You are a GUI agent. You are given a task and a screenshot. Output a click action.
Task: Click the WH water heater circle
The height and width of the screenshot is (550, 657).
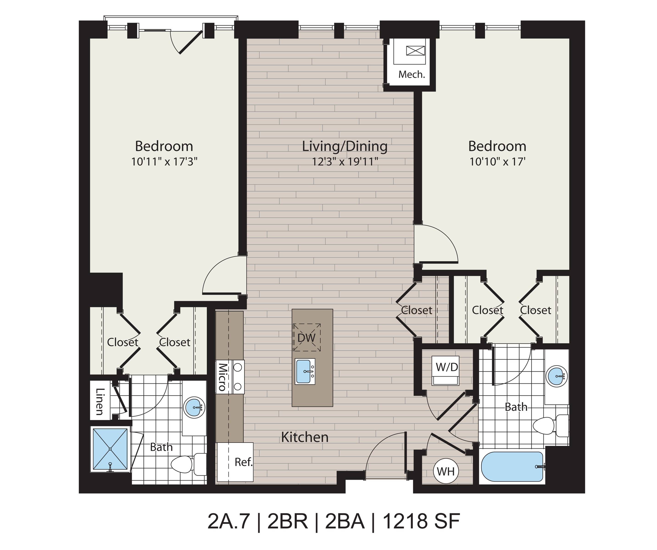[446, 471]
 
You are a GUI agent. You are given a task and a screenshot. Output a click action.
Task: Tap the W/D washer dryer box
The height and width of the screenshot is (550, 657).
[446, 370]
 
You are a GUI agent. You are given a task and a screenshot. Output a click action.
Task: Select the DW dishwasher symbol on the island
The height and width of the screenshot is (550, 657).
[307, 337]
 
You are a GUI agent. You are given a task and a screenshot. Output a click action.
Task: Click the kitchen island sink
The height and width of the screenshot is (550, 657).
[305, 371]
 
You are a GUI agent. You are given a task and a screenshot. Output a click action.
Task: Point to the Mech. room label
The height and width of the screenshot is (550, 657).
[411, 74]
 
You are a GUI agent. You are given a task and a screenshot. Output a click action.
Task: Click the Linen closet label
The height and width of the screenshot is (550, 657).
[100, 402]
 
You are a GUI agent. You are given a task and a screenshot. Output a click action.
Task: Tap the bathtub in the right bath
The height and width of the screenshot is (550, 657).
[513, 467]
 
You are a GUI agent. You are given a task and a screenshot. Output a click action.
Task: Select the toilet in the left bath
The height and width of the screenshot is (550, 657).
[188, 464]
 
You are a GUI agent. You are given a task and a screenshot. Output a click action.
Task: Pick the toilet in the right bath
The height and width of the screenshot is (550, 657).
[551, 426]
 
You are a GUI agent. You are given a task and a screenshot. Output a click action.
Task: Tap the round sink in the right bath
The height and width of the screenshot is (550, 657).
[557, 376]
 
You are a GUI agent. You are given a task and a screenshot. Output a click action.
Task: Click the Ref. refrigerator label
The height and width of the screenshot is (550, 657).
[243, 462]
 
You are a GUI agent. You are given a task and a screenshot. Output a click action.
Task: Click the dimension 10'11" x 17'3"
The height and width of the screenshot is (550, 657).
[164, 162]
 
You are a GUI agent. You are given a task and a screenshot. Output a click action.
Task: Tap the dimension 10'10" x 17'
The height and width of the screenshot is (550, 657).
[497, 162]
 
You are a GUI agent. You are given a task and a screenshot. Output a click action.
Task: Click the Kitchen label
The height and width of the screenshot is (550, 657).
[305, 437]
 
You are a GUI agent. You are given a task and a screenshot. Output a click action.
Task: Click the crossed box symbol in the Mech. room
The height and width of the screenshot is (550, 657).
[416, 50]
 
